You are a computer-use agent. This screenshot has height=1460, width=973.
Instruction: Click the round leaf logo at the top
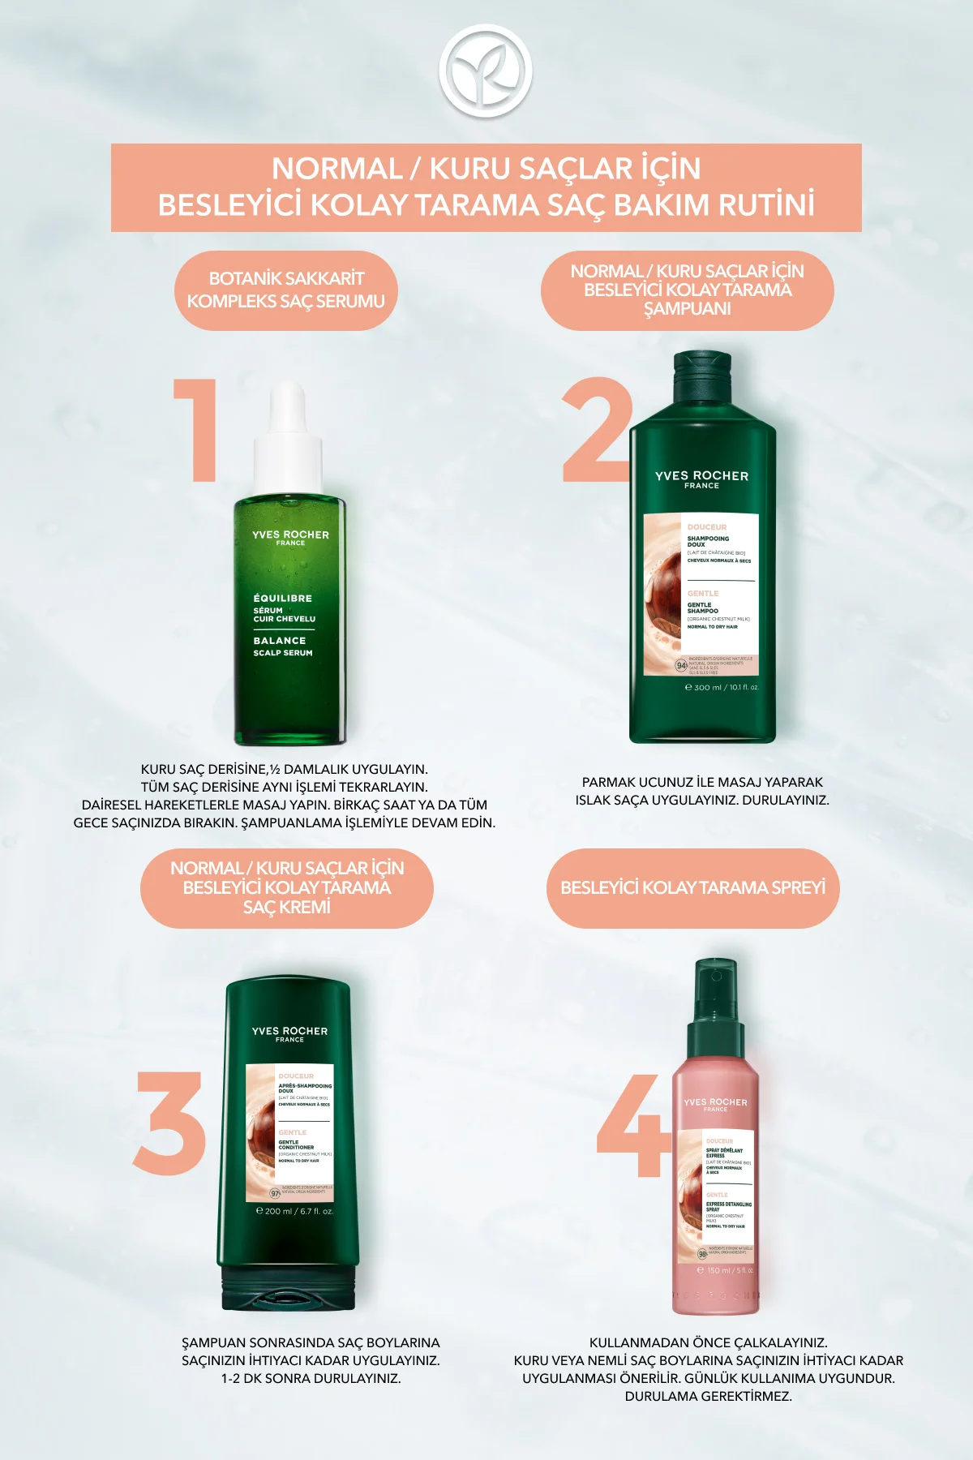pyautogui.click(x=485, y=71)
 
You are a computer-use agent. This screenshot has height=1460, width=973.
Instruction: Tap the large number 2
pyautogui.click(x=597, y=430)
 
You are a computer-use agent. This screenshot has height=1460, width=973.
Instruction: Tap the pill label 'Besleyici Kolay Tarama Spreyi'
pyautogui.click(x=692, y=888)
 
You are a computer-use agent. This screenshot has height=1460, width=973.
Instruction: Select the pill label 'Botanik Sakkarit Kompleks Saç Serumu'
pyautogui.click(x=286, y=290)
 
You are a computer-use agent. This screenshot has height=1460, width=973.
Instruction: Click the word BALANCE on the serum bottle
pyautogui.click(x=280, y=641)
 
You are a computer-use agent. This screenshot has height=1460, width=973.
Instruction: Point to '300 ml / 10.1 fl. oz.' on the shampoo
pyautogui.click(x=722, y=688)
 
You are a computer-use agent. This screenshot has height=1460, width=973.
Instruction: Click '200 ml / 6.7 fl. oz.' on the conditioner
pyautogui.click(x=294, y=1211)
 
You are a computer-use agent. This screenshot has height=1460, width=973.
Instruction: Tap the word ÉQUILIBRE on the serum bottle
pyautogui.click(x=282, y=599)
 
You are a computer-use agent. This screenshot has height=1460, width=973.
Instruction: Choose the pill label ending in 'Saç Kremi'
pyautogui.click(x=286, y=888)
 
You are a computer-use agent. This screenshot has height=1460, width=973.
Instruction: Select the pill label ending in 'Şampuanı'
pyautogui.click(x=687, y=290)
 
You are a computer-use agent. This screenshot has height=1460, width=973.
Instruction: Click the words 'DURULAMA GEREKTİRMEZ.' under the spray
pyautogui.click(x=708, y=1396)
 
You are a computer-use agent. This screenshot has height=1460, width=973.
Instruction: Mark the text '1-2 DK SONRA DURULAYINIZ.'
pyautogui.click(x=311, y=1378)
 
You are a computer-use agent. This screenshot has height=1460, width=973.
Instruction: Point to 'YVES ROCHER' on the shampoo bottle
pyautogui.click(x=701, y=476)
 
